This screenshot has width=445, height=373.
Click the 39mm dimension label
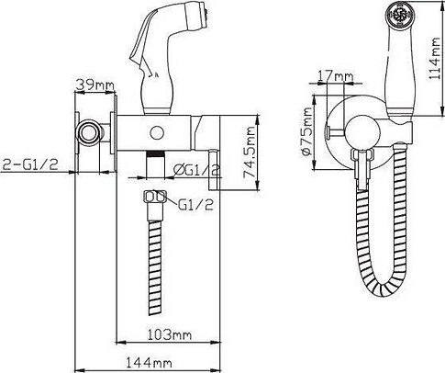click(95, 85)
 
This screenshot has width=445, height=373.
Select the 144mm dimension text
click(149, 363)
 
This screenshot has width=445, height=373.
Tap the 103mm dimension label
click(170, 334)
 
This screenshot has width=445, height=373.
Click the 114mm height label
click(434, 59)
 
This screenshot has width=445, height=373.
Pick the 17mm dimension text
click(336, 75)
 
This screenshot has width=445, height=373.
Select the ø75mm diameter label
click(306, 130)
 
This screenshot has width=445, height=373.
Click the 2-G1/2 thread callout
click(30, 165)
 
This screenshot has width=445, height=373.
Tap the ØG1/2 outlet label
click(196, 170)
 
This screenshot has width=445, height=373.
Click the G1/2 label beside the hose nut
click(195, 204)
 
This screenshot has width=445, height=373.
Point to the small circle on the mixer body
click(157, 133)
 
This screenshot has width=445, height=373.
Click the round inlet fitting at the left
click(89, 131)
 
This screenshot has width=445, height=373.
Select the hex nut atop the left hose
click(155, 197)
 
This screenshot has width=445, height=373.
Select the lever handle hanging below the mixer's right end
click(215, 169)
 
